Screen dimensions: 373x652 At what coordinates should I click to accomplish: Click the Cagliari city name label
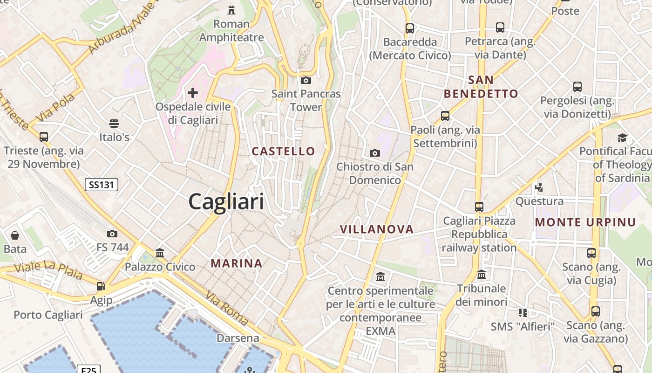tap(226, 201)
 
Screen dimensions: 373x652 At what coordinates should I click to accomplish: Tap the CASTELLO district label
tap(284, 151)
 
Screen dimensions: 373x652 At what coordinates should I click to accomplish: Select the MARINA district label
tap(237, 263)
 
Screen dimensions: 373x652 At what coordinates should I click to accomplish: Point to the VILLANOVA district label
tap(377, 229)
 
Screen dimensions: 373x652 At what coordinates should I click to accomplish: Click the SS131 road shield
tap(102, 185)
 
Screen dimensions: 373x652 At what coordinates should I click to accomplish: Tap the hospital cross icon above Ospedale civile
tap(192, 93)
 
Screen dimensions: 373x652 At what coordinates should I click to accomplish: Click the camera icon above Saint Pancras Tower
tap(306, 80)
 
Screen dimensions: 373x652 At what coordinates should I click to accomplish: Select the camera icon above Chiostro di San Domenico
tap(374, 153)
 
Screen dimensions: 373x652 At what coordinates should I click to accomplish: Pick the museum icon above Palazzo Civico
tap(160, 253)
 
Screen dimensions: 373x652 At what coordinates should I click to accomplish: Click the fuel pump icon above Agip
tap(101, 286)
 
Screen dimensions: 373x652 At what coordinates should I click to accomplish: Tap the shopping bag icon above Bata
tap(15, 235)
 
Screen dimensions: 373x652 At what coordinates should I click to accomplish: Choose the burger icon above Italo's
tap(114, 124)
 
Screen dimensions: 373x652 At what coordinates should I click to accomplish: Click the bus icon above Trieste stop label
tap(44, 137)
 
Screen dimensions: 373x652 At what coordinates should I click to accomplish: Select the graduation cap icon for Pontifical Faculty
tap(622, 137)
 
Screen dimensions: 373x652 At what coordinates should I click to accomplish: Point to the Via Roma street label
tap(227, 308)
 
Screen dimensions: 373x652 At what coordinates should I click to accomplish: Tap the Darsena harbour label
tap(238, 338)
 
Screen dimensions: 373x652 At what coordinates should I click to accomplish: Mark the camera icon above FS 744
tap(112, 234)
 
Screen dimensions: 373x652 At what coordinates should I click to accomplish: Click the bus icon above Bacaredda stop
tap(410, 28)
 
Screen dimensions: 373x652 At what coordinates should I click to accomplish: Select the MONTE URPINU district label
tap(585, 222)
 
